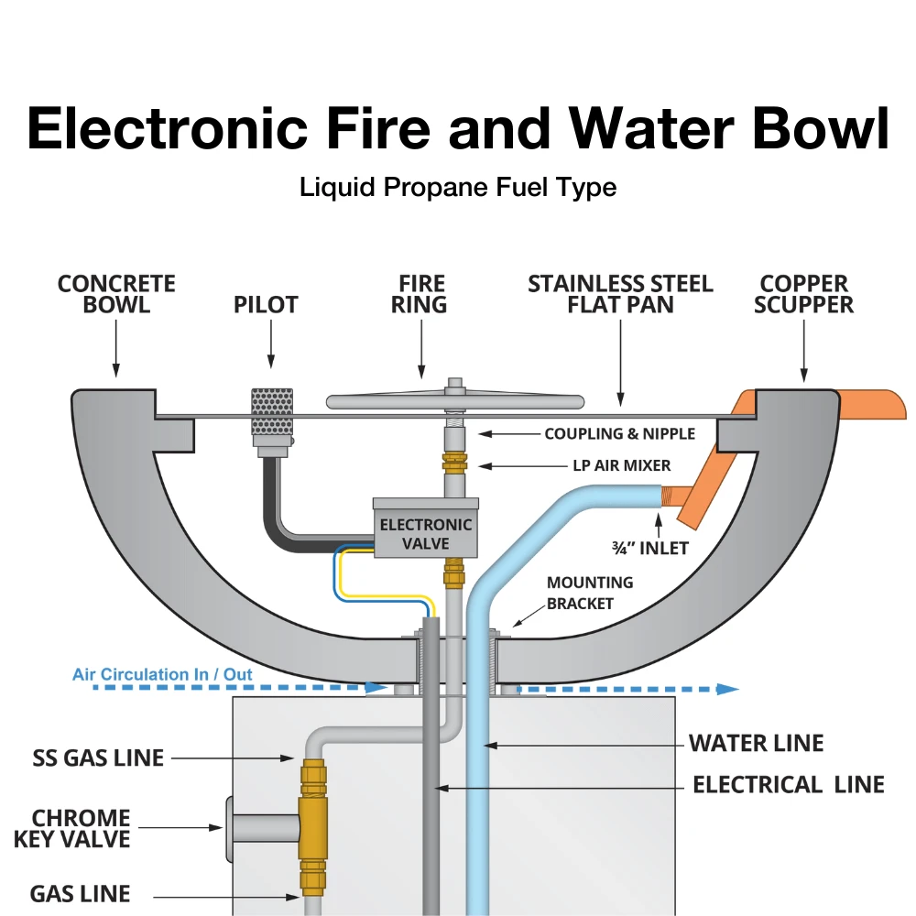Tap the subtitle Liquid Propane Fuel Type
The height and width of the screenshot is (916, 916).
click(x=458, y=188)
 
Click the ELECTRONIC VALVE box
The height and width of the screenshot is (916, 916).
click(x=426, y=533)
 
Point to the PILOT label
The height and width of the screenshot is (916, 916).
click(x=266, y=305)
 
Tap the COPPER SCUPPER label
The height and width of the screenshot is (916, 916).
click(x=804, y=294)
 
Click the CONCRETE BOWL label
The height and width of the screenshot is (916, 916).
click(x=116, y=294)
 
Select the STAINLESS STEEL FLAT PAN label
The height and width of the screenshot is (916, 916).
click(x=620, y=294)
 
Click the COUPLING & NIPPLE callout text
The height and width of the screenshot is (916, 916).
click(x=619, y=433)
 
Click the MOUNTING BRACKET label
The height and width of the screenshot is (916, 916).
click(x=590, y=593)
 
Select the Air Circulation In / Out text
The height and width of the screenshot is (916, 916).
click(x=162, y=675)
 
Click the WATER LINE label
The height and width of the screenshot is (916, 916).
click(x=756, y=743)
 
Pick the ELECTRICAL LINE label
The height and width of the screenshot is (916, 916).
click(x=788, y=785)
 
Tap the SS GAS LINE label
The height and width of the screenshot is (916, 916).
click(x=96, y=758)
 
